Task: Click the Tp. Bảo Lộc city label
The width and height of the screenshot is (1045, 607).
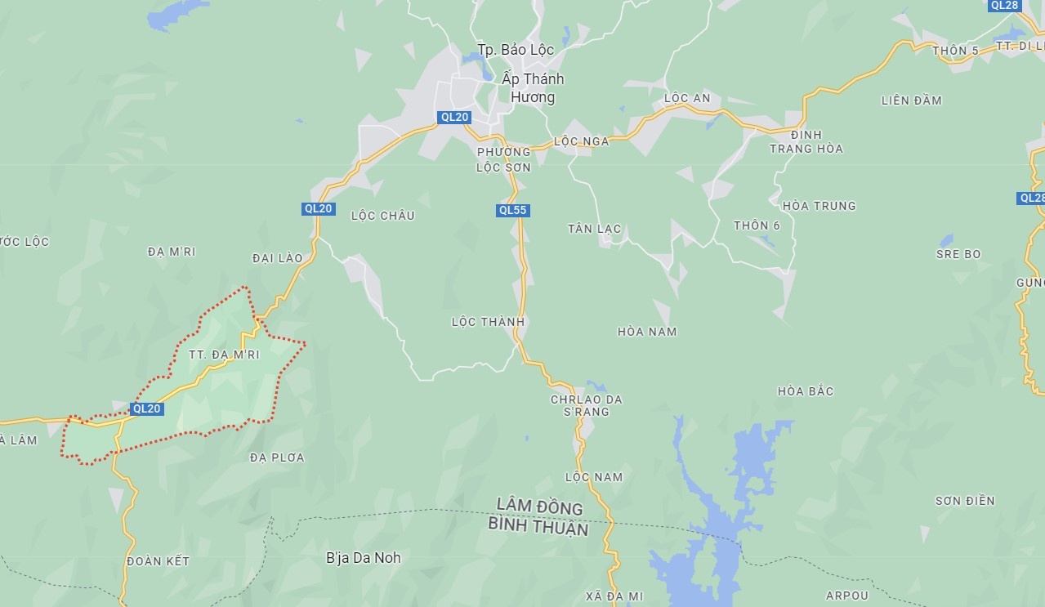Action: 516,50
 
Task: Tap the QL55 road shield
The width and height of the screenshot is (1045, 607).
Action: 513,210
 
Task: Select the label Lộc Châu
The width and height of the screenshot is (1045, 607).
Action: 382,216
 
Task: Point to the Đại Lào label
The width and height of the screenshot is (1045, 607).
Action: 277,258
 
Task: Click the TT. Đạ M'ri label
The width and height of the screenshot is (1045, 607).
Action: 224,355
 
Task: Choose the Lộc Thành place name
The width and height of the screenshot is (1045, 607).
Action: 488,322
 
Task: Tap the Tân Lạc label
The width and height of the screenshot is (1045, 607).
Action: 594,229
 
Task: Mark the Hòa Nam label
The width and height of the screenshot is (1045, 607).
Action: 647,332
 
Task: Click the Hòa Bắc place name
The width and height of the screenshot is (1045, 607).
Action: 806,391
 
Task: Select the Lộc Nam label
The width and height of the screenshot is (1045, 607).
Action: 593,477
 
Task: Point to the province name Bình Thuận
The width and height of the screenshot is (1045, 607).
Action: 538,528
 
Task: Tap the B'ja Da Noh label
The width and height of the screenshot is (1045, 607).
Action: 364,558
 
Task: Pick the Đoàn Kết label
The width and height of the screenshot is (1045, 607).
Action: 159,561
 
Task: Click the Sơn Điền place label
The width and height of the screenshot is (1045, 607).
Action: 965,501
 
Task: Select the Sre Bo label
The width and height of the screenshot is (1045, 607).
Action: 958,254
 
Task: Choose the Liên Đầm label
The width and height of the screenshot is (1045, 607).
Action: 911,100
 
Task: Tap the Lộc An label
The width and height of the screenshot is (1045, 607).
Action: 687,98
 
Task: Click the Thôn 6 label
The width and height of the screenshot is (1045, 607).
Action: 757,225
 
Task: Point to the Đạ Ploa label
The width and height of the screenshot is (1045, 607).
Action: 277,457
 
